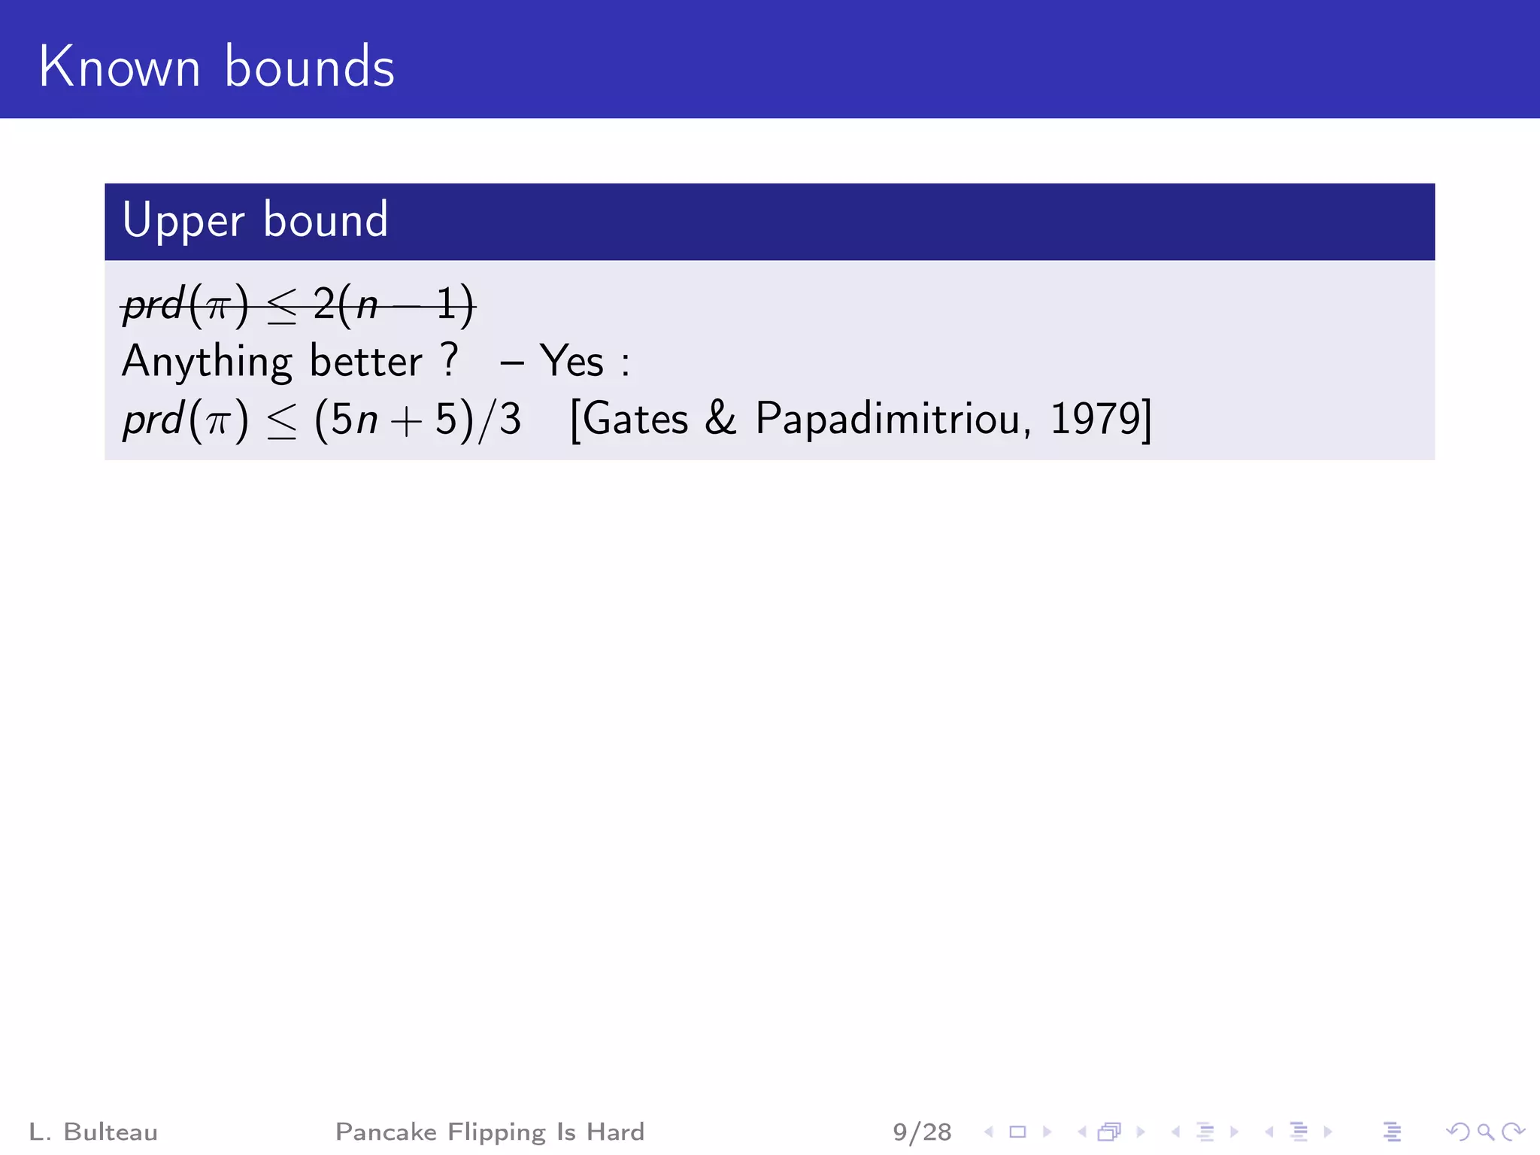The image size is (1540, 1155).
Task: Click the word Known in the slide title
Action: click(x=120, y=68)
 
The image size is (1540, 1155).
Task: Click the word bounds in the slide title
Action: click(x=309, y=68)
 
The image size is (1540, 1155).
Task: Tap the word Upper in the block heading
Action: click(x=183, y=221)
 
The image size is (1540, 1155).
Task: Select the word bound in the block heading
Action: click(x=326, y=221)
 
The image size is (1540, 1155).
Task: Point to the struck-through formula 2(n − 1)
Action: click(x=393, y=306)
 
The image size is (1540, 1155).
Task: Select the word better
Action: click(x=366, y=362)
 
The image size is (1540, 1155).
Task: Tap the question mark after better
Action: click(x=449, y=359)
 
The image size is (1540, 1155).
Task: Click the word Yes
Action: click(x=571, y=362)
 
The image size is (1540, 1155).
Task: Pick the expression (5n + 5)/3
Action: click(x=417, y=420)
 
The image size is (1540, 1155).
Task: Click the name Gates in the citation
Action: click(x=635, y=420)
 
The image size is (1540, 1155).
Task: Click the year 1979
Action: click(x=1096, y=420)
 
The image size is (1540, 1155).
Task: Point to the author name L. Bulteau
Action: click(x=93, y=1132)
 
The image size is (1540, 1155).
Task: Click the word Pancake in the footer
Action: click(x=386, y=1132)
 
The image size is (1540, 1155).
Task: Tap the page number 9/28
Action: click(x=922, y=1132)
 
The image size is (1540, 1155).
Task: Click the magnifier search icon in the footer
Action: click(x=1485, y=1132)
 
